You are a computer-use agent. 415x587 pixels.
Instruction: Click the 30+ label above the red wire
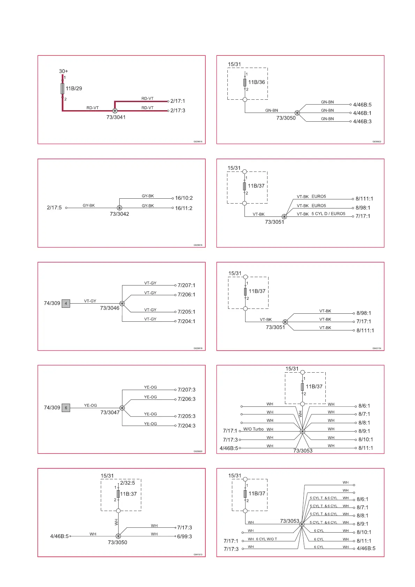[63, 71]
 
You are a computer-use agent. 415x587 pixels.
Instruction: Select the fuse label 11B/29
[74, 89]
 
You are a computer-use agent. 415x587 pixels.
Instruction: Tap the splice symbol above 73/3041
[115, 111]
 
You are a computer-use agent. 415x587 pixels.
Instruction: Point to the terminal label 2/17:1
[178, 101]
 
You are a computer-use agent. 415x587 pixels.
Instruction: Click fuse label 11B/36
[257, 82]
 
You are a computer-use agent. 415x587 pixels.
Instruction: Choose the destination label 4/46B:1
[362, 113]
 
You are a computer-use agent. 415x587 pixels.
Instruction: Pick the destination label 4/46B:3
[362, 121]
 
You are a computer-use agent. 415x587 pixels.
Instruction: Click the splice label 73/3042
[119, 214]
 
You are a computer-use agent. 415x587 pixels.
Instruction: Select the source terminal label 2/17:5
[54, 208]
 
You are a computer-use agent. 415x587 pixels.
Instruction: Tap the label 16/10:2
[184, 198]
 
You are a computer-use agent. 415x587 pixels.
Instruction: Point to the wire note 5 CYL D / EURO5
[328, 214]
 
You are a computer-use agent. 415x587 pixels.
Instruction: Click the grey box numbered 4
[66, 303]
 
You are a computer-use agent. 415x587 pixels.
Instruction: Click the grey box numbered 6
[66, 407]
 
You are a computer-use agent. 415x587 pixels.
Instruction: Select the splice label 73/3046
[110, 308]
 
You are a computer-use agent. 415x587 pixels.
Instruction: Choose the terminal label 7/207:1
[186, 285]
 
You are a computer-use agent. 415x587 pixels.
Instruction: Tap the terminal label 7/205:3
[186, 416]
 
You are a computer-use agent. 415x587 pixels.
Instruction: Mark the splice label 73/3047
[110, 412]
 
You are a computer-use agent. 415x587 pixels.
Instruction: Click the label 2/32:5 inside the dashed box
[127, 483]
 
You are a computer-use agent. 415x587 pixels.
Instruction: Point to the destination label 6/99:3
[184, 536]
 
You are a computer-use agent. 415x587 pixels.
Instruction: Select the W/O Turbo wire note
[253, 429]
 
